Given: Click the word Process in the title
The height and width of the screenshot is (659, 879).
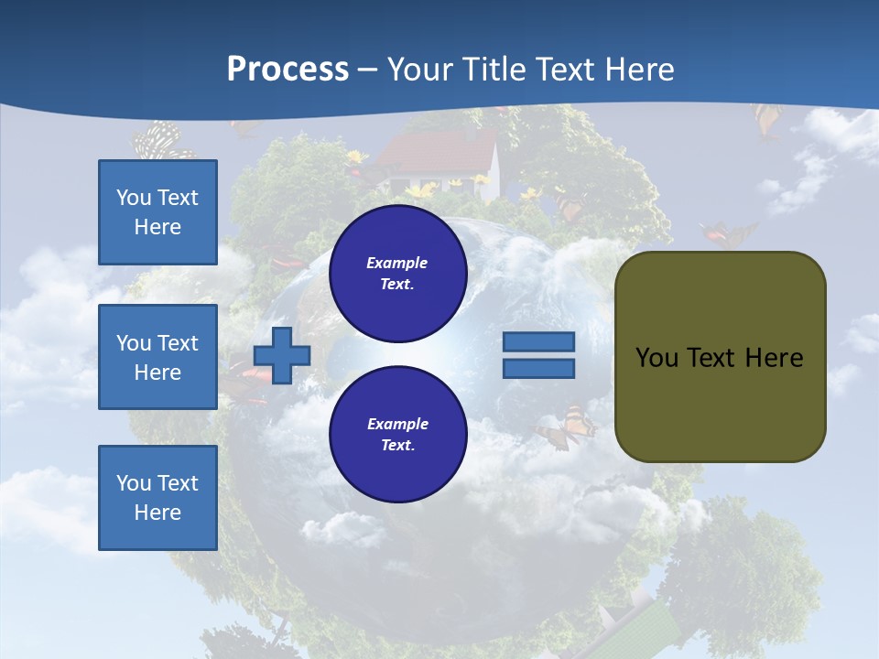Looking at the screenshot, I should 288,70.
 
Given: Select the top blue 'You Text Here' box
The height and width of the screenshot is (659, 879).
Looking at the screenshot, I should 157,212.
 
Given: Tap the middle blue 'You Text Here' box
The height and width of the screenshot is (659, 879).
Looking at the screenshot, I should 157,357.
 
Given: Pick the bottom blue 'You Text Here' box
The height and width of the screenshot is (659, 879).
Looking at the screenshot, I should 157,498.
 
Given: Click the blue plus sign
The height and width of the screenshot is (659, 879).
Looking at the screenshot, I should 282,355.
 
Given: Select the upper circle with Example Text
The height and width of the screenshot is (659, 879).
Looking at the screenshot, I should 397,273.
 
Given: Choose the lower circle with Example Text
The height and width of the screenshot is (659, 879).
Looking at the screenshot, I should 397,434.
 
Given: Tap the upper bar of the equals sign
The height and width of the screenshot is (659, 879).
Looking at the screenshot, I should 538,342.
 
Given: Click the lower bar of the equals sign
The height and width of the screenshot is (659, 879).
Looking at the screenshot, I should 538,368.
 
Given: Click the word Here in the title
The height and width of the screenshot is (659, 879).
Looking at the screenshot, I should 638,70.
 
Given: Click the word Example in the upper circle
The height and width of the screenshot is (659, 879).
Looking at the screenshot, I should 397,263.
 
